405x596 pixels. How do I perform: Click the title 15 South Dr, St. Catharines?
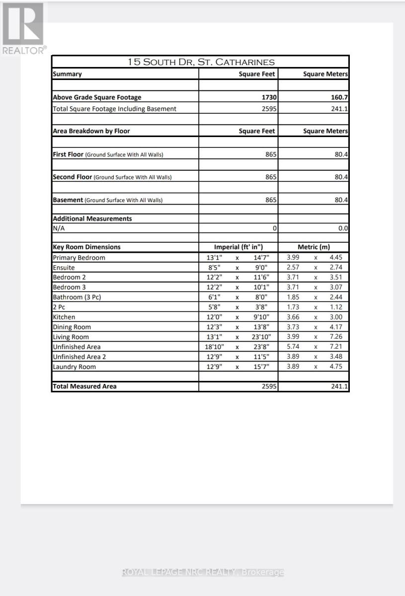click(x=201, y=62)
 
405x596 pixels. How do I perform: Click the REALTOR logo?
click(x=23, y=27)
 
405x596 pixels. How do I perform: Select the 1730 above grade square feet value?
click(x=270, y=97)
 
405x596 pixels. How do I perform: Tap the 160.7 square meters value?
click(x=339, y=97)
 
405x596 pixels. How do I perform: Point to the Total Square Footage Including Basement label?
click(x=114, y=109)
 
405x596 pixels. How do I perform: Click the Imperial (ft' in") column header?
click(x=239, y=247)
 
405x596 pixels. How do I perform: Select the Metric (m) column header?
click(x=314, y=247)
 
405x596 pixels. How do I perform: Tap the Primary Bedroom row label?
click(x=79, y=258)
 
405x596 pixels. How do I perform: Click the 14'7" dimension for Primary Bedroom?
click(x=261, y=258)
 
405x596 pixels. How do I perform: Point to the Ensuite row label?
click(x=64, y=268)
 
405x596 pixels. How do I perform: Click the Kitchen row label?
click(x=64, y=317)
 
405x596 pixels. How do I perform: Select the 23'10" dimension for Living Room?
click(x=259, y=337)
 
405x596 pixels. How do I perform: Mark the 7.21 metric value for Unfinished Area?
click(x=336, y=347)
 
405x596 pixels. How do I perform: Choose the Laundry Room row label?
click(x=74, y=367)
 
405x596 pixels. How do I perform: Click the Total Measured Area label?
click(x=84, y=386)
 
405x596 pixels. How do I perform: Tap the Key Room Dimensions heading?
click(x=86, y=247)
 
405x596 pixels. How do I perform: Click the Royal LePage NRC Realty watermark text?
click(x=203, y=572)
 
